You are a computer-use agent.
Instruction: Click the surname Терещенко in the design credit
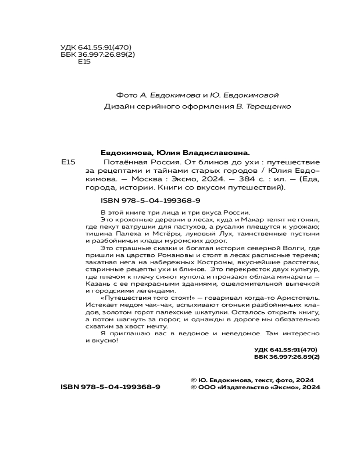269,107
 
